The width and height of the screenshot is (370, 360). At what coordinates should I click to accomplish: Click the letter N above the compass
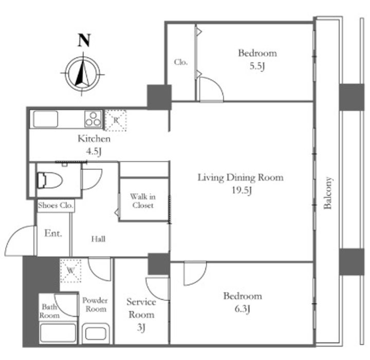click(84, 40)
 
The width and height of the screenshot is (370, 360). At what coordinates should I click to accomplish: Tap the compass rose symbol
click(82, 74)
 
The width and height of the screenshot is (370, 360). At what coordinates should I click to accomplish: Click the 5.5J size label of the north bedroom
click(257, 66)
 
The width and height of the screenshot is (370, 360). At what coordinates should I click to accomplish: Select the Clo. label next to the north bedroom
click(181, 62)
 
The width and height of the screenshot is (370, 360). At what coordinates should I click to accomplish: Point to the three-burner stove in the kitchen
click(93, 119)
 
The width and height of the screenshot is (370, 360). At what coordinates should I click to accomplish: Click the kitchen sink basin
click(46, 119)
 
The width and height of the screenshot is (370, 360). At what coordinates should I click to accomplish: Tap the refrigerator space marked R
click(116, 120)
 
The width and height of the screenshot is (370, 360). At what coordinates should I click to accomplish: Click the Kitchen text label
click(94, 139)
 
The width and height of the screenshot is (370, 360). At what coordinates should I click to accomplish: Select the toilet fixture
click(50, 181)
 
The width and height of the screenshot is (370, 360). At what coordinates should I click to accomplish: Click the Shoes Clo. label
click(55, 205)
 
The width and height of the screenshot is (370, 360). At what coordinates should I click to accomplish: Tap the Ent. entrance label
click(53, 233)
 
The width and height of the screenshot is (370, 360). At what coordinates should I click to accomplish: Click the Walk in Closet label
click(143, 201)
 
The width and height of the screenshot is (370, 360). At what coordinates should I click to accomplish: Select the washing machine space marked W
click(70, 271)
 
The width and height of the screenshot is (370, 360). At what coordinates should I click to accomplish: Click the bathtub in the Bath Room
click(58, 333)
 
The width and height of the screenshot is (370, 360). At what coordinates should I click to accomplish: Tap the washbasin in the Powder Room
click(96, 334)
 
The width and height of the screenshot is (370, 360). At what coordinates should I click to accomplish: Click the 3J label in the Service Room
click(141, 328)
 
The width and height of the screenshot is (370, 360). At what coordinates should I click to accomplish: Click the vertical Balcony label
click(328, 193)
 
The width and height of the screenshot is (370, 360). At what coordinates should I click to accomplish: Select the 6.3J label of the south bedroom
click(243, 309)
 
